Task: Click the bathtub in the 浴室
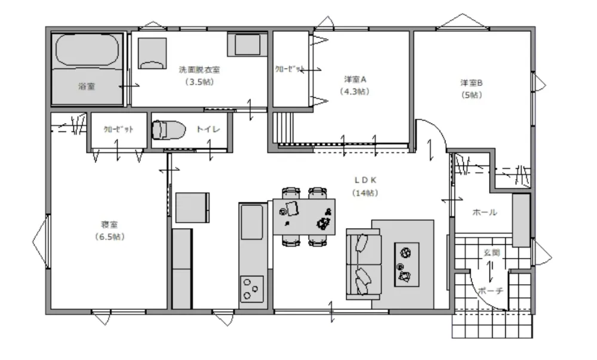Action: tap(87, 50)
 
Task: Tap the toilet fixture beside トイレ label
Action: tap(168, 130)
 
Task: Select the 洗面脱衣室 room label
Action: tap(199, 70)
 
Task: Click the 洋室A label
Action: tap(355, 79)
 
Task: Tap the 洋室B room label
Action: tap(472, 82)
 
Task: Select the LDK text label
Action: tap(365, 180)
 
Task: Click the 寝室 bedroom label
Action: tap(110, 224)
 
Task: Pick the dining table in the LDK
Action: tap(304, 217)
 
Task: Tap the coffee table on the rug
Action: tap(407, 264)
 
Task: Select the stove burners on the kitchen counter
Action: tap(252, 289)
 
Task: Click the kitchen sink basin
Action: tap(252, 222)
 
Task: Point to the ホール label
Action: tap(485, 212)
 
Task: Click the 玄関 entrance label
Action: tap(491, 253)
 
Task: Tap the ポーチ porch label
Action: tap(490, 291)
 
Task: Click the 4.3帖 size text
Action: tap(355, 91)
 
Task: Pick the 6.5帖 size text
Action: tap(110, 236)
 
